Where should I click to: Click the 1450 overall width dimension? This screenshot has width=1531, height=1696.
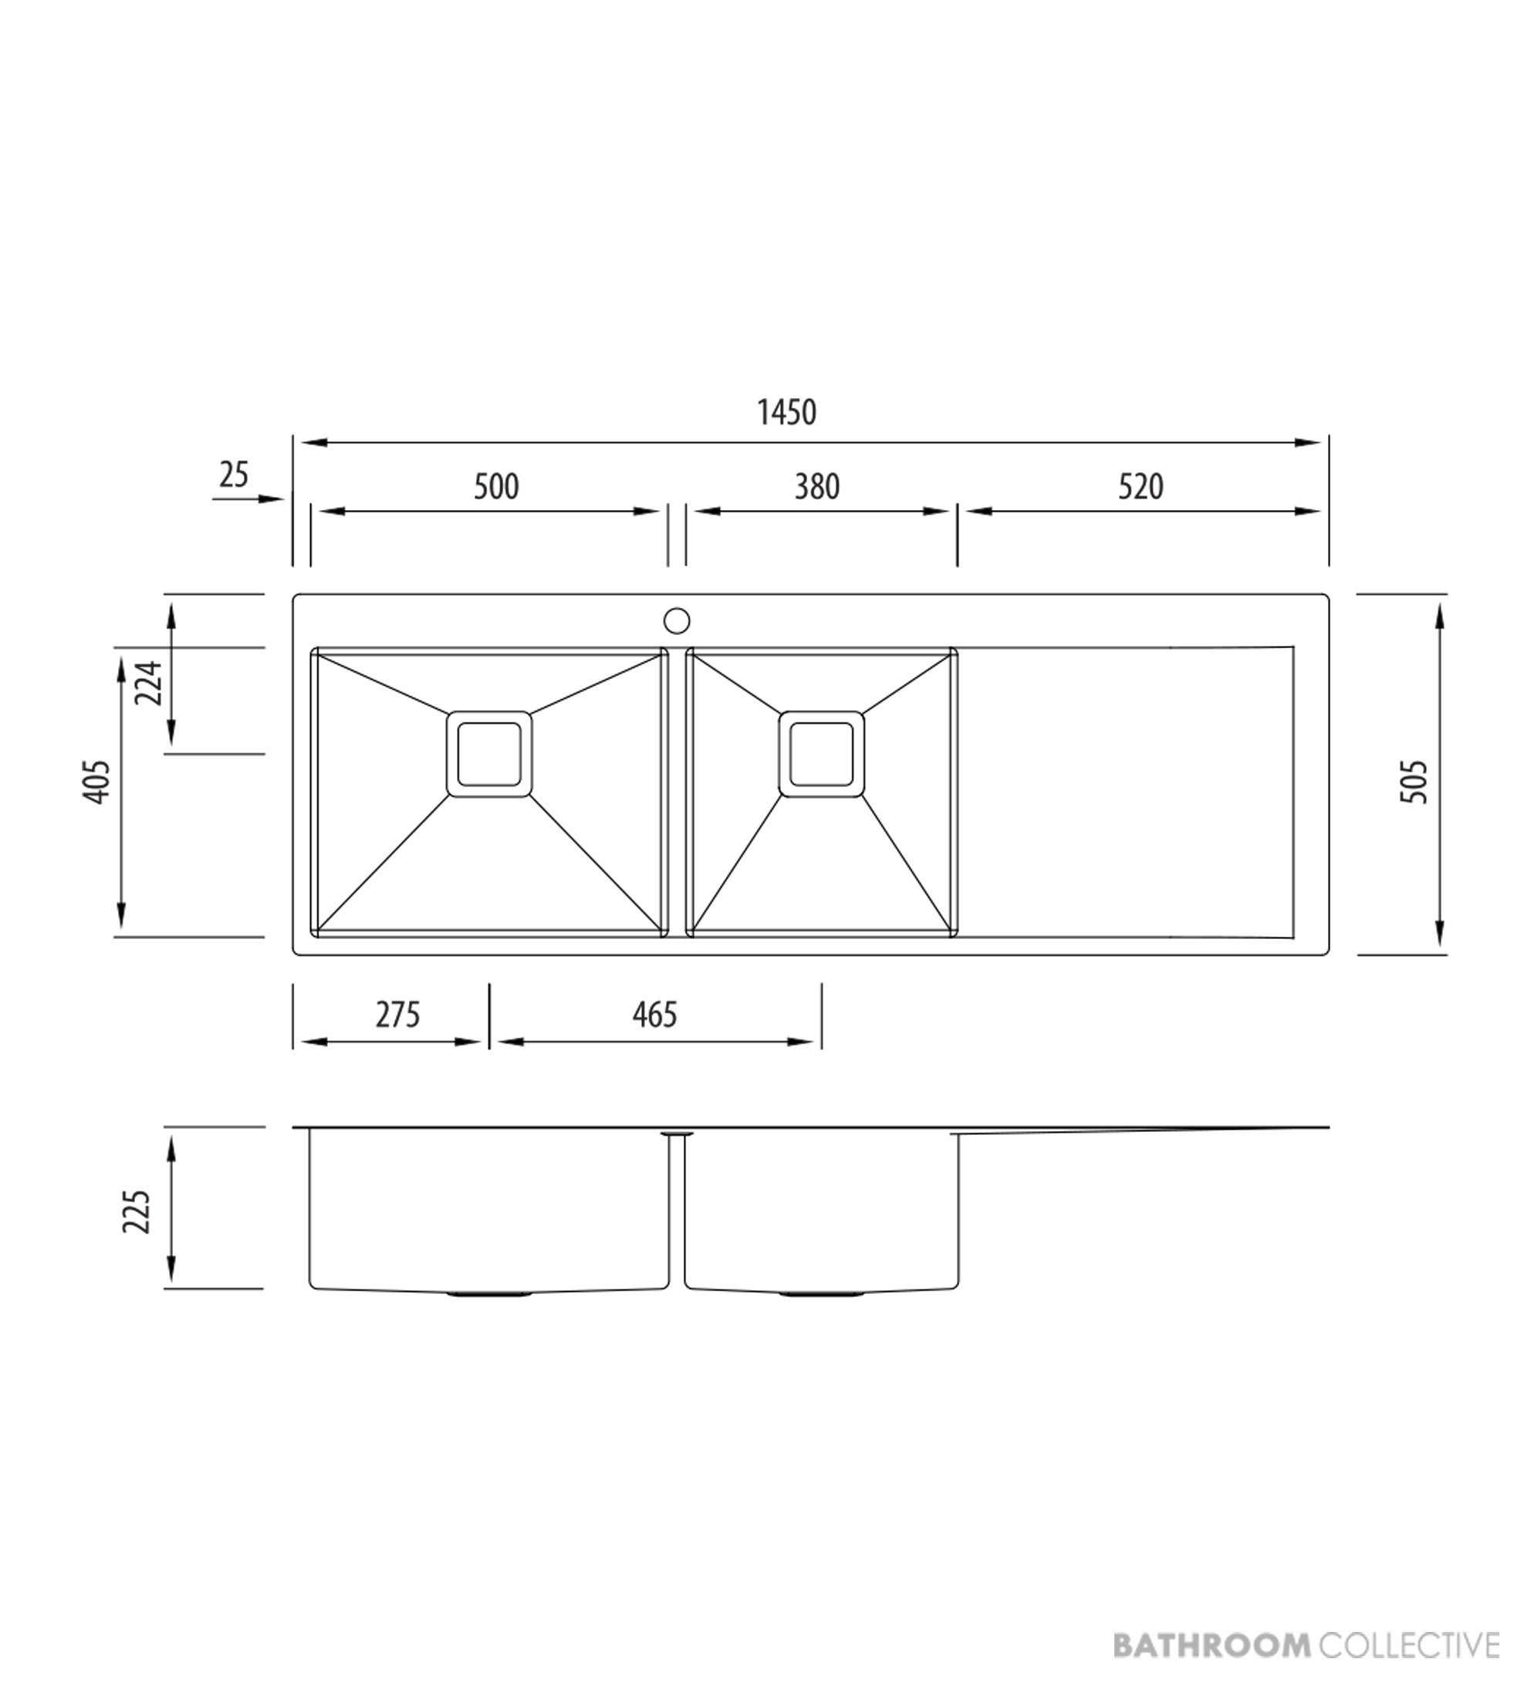[786, 413]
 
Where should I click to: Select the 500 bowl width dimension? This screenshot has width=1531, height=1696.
[496, 487]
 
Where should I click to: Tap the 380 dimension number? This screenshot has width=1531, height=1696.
[816, 487]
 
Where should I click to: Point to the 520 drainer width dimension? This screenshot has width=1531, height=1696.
[1141, 487]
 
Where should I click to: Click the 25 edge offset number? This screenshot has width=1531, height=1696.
[234, 475]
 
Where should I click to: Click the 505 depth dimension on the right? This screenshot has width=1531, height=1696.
[1414, 782]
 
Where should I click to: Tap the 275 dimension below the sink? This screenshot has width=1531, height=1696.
[397, 1015]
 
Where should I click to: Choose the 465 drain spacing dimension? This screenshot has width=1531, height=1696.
[654, 1015]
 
